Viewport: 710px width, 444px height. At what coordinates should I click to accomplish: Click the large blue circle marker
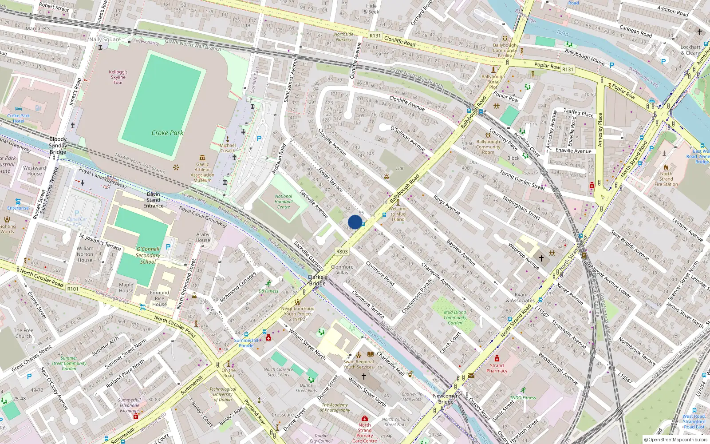point(355,222)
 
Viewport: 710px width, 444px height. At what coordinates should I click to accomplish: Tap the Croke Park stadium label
point(167,133)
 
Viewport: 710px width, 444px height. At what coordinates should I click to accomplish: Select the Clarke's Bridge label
point(317,280)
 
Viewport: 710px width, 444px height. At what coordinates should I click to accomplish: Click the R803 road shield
point(342,251)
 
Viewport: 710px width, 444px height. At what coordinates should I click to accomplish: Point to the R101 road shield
point(73,289)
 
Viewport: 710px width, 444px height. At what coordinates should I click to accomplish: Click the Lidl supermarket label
point(399,169)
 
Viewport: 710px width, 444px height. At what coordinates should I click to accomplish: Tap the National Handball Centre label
point(284,202)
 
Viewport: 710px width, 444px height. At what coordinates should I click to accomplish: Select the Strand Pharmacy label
point(497,368)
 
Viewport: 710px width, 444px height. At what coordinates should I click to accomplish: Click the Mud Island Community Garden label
point(455,317)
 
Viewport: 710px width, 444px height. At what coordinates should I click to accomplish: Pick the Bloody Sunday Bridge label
point(58,146)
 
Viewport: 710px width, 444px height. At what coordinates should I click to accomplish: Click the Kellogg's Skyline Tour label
point(118,77)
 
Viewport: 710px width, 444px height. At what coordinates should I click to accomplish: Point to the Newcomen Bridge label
point(446,398)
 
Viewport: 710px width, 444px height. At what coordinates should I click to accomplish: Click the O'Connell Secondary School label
point(148,255)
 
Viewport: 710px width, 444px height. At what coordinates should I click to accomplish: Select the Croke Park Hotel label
point(19,118)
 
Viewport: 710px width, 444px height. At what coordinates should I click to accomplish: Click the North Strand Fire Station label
point(666,179)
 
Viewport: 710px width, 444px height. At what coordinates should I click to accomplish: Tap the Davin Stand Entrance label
point(153,200)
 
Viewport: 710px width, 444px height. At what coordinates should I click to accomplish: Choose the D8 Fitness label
point(268,291)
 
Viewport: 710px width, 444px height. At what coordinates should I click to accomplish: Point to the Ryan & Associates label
point(520,297)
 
